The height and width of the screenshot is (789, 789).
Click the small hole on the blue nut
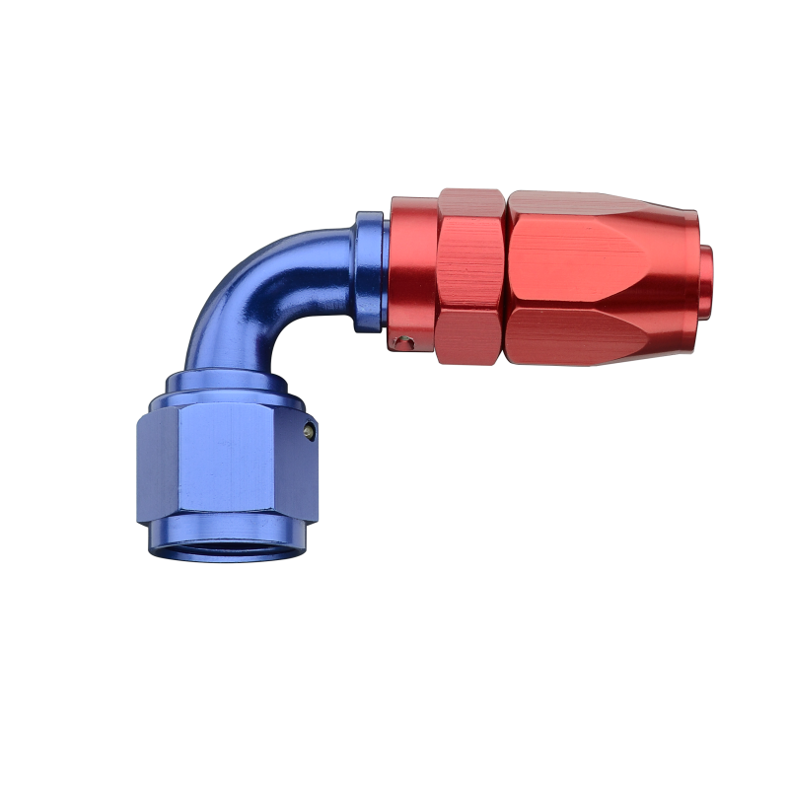[x=310, y=430]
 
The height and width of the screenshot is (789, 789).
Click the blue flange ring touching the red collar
[x=369, y=270]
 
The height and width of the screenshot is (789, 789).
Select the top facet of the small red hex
[x=470, y=202]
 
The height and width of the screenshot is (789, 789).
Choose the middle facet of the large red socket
[x=592, y=266]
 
